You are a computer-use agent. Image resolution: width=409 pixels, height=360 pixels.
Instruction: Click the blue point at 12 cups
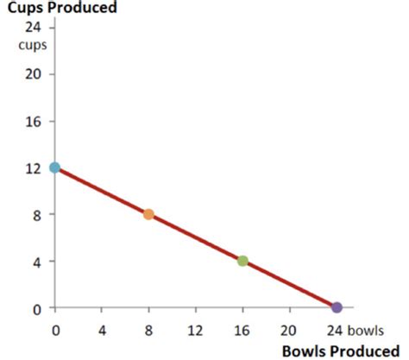click(55, 167)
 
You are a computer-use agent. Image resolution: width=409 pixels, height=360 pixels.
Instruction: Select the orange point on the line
click(148, 214)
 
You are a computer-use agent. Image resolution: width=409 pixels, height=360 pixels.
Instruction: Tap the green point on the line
click(242, 261)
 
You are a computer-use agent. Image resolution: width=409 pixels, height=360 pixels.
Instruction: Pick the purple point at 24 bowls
click(337, 307)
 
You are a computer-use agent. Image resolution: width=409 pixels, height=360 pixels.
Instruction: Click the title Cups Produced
click(62, 8)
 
